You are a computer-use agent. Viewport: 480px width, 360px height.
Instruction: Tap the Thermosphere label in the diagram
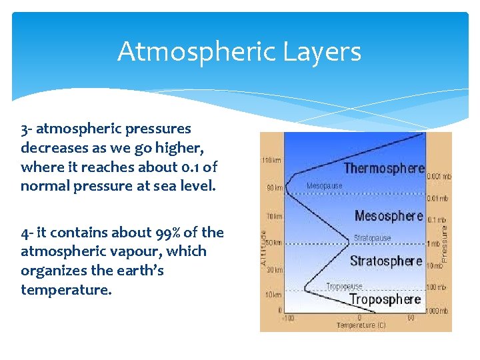(x=384, y=168)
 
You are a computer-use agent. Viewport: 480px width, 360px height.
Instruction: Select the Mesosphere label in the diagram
(x=389, y=215)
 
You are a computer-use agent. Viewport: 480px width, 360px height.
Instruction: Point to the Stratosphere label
(x=386, y=261)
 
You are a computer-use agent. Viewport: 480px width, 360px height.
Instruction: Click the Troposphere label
(x=385, y=299)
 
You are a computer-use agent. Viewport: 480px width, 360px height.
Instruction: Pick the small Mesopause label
(x=324, y=186)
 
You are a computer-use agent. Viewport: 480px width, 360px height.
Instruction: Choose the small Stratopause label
(x=372, y=237)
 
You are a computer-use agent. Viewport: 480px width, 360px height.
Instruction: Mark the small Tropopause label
(x=344, y=287)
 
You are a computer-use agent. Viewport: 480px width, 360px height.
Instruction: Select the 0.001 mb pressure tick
(x=439, y=176)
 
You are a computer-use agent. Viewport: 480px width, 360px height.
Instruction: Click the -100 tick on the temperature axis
(x=289, y=318)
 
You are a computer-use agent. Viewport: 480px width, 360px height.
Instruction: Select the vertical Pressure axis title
(x=445, y=241)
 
